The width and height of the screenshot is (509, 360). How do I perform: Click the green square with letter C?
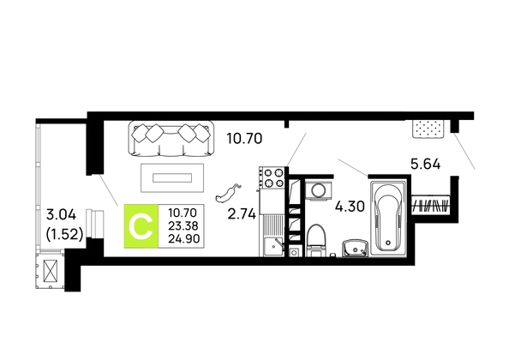tap(141, 226)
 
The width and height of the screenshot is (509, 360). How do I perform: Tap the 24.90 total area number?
tap(183, 239)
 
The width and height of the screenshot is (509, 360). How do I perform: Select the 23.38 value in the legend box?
tap(183, 226)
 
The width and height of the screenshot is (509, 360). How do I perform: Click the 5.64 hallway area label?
tap(426, 165)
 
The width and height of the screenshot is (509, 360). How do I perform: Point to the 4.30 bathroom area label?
tap(350, 207)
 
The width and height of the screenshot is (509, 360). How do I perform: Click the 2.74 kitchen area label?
tap(242, 214)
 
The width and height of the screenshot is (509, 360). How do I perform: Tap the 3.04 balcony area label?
tap(62, 214)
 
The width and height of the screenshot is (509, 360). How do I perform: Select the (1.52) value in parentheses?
tap(64, 234)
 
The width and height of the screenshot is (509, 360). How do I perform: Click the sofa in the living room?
tap(171, 138)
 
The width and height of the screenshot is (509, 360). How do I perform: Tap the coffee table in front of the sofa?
tap(172, 177)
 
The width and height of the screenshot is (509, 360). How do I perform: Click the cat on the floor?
tap(229, 193)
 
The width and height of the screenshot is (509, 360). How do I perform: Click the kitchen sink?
tap(272, 247)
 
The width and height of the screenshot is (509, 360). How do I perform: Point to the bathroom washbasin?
tap(355, 249)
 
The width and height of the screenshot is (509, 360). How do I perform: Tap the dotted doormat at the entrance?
tap(428, 129)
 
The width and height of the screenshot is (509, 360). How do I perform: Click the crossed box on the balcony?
tap(51, 271)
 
